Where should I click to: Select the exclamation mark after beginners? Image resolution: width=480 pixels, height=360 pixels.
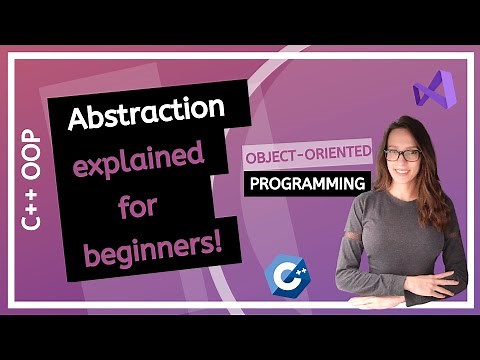coord(217,246)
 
